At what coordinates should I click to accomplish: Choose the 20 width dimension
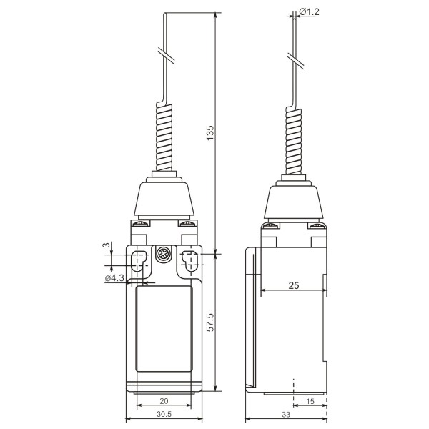pyautogui.click(x=165, y=401)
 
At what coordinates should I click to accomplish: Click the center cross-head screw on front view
pyautogui.click(x=164, y=255)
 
